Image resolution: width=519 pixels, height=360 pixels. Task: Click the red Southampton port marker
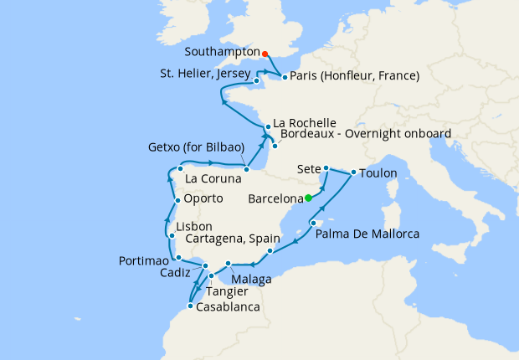(265, 53)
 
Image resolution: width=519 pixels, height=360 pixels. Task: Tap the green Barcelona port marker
(309, 198)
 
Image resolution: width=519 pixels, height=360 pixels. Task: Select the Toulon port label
(379, 173)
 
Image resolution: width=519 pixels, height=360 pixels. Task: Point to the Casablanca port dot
(192, 306)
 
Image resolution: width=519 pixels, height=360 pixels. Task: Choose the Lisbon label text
(193, 227)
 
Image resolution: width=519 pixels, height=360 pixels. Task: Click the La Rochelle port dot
(268, 127)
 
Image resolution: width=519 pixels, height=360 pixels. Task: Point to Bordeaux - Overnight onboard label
(366, 134)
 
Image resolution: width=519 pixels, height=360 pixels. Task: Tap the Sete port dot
(326, 167)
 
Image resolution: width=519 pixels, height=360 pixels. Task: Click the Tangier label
(227, 291)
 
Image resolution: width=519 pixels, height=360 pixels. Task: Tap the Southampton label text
(220, 52)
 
